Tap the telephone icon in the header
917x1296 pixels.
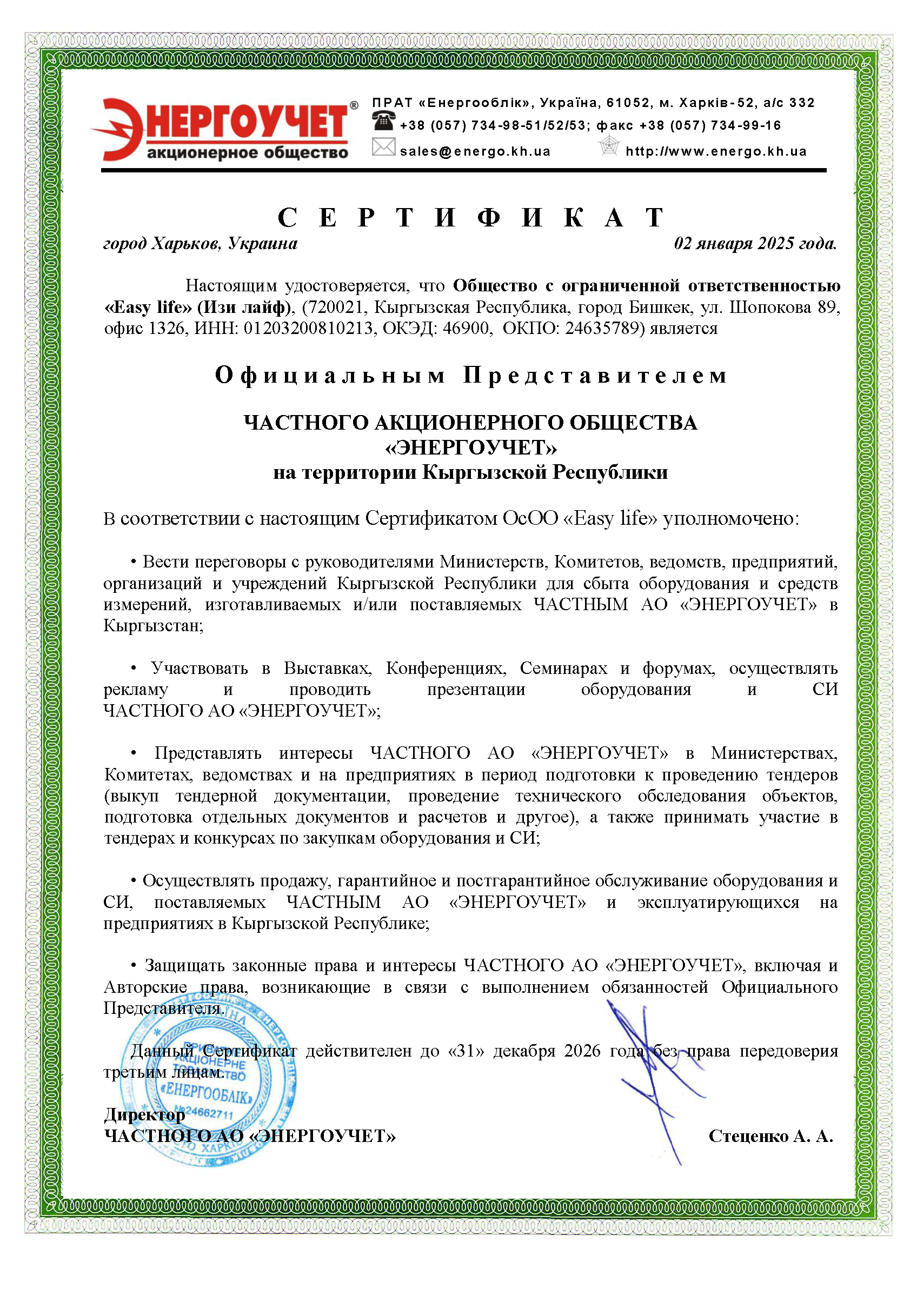(383, 122)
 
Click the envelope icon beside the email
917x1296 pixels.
(383, 148)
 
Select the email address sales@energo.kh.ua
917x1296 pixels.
(475, 151)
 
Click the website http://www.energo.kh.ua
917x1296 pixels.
(716, 151)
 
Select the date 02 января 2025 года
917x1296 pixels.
(755, 243)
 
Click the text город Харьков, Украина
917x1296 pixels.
(201, 243)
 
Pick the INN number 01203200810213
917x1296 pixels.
(308, 328)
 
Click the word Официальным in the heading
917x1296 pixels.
(330, 376)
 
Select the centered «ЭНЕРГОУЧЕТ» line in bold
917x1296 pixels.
(470, 447)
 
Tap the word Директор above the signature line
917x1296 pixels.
(144, 1115)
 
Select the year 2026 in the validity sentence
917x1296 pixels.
(582, 1051)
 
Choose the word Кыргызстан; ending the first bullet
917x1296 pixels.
(153, 625)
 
